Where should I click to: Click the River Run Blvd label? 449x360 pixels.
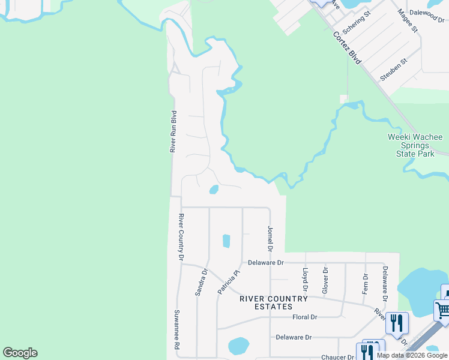(x=173, y=131)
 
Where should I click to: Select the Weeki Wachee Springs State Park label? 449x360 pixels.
(x=411, y=145)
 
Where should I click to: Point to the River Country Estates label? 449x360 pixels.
(x=274, y=302)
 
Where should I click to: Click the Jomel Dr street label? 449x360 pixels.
(x=270, y=238)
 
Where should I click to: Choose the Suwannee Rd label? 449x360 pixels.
(x=177, y=329)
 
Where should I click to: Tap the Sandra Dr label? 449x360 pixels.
(x=201, y=282)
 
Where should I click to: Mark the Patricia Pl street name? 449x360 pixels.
(x=228, y=282)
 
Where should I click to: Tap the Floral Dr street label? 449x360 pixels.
(x=304, y=317)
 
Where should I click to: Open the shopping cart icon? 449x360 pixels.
(x=443, y=311)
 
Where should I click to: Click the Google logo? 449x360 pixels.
(x=20, y=353)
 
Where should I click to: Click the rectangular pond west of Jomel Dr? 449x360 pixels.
(x=226, y=241)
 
